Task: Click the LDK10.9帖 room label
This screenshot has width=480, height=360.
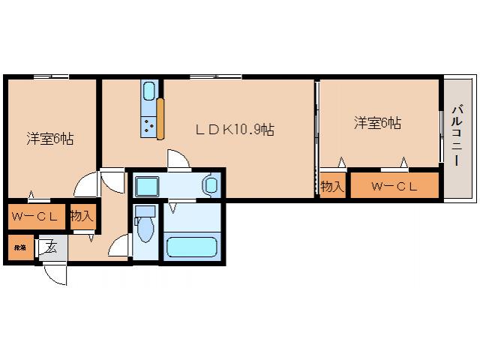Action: (234, 129)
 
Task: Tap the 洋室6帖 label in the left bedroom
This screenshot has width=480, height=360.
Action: (50, 138)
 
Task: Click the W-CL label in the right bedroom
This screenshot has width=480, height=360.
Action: (394, 187)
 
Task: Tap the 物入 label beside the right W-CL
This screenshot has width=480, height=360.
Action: (331, 187)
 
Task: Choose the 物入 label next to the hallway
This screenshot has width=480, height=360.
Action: (82, 217)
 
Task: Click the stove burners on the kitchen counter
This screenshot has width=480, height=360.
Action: (148, 126)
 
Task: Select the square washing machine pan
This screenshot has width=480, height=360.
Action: (146, 184)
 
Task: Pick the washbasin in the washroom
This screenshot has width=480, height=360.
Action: (211, 184)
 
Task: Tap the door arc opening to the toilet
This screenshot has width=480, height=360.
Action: (120, 246)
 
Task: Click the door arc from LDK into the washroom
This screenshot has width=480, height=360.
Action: (179, 160)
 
